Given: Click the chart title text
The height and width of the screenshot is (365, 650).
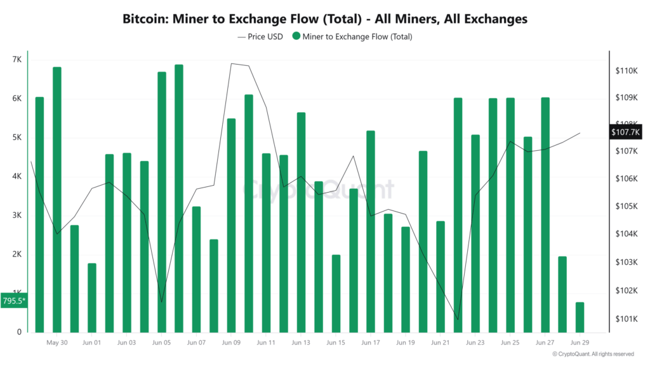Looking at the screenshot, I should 324,19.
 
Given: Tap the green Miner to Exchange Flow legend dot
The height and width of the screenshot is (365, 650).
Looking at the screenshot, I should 296,37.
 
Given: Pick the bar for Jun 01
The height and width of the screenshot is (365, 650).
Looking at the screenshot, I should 92,298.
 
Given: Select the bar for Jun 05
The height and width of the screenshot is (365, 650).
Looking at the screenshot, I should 162,202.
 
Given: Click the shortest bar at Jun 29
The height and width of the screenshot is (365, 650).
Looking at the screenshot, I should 580,317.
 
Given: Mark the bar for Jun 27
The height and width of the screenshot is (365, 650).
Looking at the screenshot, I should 545,215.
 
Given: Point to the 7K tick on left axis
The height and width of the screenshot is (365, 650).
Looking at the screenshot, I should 17,60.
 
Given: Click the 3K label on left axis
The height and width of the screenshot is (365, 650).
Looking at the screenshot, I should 17,215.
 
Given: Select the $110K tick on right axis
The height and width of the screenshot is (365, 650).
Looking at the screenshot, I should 626,70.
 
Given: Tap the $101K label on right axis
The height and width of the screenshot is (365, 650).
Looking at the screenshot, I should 626,319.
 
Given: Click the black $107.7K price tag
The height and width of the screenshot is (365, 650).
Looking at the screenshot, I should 626,132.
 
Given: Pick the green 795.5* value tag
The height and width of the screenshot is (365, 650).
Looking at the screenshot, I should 14,301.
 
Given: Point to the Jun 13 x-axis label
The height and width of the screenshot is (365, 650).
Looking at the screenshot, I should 301,343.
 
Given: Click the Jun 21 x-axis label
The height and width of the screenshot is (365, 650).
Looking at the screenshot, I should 440,343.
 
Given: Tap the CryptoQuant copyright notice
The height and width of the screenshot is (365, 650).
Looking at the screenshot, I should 593,354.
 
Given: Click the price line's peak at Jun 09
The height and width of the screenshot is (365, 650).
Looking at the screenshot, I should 231,63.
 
